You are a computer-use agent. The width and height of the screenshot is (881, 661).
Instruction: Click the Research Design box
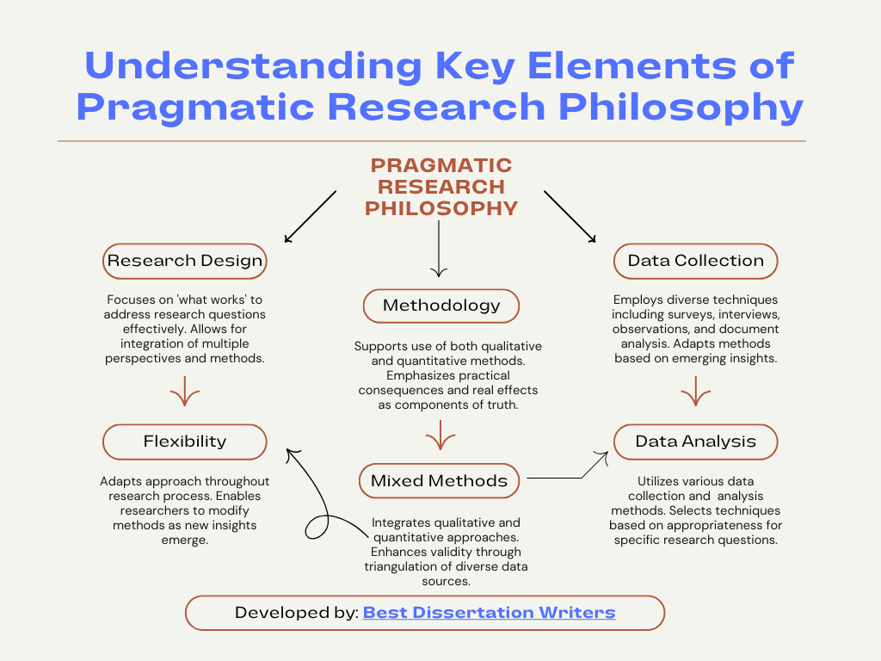(185, 261)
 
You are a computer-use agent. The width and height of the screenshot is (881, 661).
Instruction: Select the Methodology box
(440, 306)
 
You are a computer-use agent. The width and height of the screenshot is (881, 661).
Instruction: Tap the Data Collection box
(695, 261)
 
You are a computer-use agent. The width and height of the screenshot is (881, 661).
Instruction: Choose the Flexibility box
(185, 442)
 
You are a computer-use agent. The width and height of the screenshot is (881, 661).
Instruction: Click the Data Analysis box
(695, 442)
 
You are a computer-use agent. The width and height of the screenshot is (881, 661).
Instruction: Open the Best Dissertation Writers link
(489, 613)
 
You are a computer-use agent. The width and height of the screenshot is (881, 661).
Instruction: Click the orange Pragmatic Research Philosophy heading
(440, 187)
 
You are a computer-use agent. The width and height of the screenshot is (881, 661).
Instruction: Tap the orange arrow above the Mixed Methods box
(440, 436)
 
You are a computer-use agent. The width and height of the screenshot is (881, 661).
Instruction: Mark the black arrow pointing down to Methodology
(439, 250)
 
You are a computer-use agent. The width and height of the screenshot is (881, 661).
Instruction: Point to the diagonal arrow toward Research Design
(310, 216)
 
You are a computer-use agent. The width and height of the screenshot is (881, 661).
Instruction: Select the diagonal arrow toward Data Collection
(570, 216)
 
